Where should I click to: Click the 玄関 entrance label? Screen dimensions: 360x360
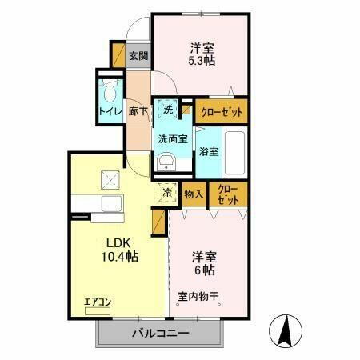(138, 56)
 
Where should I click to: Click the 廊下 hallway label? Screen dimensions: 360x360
(138, 112)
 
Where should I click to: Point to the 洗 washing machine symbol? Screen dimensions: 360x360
(168, 109)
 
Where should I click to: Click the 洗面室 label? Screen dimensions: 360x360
(173, 138)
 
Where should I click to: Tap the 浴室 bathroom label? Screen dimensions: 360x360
(208, 150)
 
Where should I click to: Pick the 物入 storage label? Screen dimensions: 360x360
(193, 193)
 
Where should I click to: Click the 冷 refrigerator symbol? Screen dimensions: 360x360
(167, 192)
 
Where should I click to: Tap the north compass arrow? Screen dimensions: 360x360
(286, 330)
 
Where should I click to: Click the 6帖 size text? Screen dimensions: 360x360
(202, 272)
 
